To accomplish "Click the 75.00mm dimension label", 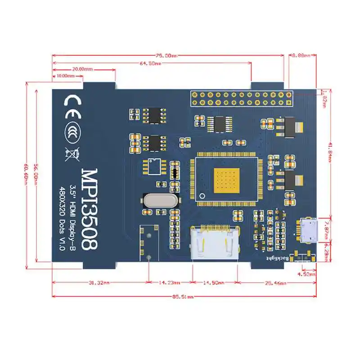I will (167, 56).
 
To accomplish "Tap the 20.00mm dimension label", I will (83, 69).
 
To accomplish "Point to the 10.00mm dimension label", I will (66, 76).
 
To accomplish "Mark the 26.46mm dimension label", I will (274, 283).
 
